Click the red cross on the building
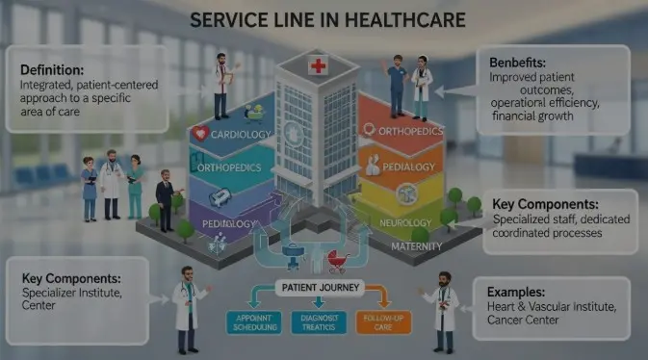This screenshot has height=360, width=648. coord(317,66)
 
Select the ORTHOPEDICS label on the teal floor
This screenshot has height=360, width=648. coord(230,167)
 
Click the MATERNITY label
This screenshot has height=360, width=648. coord(416,246)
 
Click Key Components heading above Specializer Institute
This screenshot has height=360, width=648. coord(73,278)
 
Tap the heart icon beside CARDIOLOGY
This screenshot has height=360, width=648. coord(201,134)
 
